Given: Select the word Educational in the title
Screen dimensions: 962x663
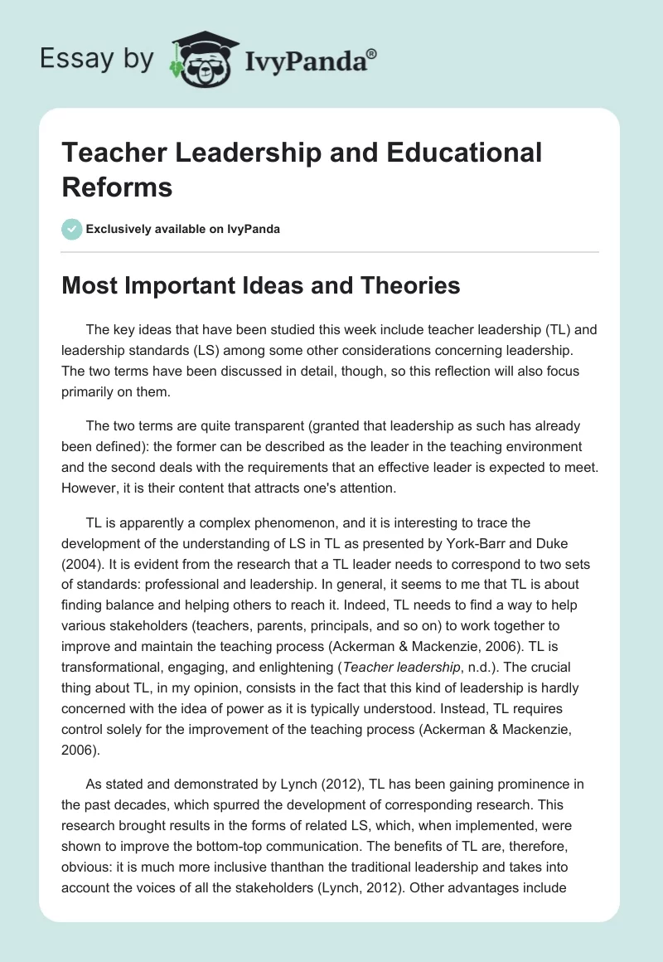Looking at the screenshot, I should click(x=466, y=153).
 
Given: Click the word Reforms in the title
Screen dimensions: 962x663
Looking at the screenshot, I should click(x=117, y=187).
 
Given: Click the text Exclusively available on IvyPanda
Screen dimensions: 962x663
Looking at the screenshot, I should click(x=181, y=229).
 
